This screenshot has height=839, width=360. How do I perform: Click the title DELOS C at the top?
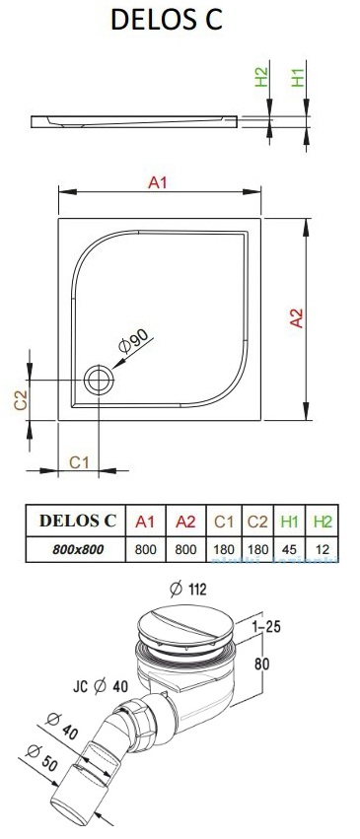tap(167, 20)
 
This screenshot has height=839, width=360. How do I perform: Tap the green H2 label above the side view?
tap(261, 77)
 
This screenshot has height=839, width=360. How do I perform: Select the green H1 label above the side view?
tap(298, 77)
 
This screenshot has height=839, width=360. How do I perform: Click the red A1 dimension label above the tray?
tap(158, 182)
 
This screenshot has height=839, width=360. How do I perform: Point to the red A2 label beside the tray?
tap(296, 317)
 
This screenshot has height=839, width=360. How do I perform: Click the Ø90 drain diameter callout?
tap(134, 340)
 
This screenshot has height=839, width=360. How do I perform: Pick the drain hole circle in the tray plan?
tap(99, 380)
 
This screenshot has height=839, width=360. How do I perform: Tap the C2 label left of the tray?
tap(21, 400)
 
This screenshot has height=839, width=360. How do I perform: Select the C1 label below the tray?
tap(79, 461)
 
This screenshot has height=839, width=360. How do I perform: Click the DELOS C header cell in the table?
tap(78, 521)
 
